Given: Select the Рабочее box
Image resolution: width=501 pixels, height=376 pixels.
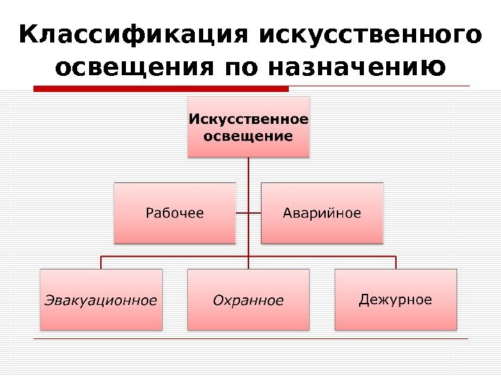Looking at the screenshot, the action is [175, 212].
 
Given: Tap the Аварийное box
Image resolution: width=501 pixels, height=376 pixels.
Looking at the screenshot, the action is [322, 212].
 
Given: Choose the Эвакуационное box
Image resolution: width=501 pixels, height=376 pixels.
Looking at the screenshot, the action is [101, 299].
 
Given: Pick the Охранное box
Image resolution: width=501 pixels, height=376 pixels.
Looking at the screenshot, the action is [248, 299].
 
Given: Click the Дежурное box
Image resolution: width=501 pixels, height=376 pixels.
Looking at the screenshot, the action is [396, 299].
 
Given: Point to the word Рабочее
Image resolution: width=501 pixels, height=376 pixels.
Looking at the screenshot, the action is [175, 212].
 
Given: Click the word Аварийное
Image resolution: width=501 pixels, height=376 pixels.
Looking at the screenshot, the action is [322, 212].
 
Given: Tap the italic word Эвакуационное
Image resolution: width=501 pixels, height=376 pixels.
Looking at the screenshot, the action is [101, 301].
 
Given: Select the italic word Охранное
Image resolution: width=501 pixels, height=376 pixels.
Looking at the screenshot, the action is [248, 301].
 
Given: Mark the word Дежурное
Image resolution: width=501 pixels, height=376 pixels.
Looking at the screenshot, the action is [396, 300].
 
